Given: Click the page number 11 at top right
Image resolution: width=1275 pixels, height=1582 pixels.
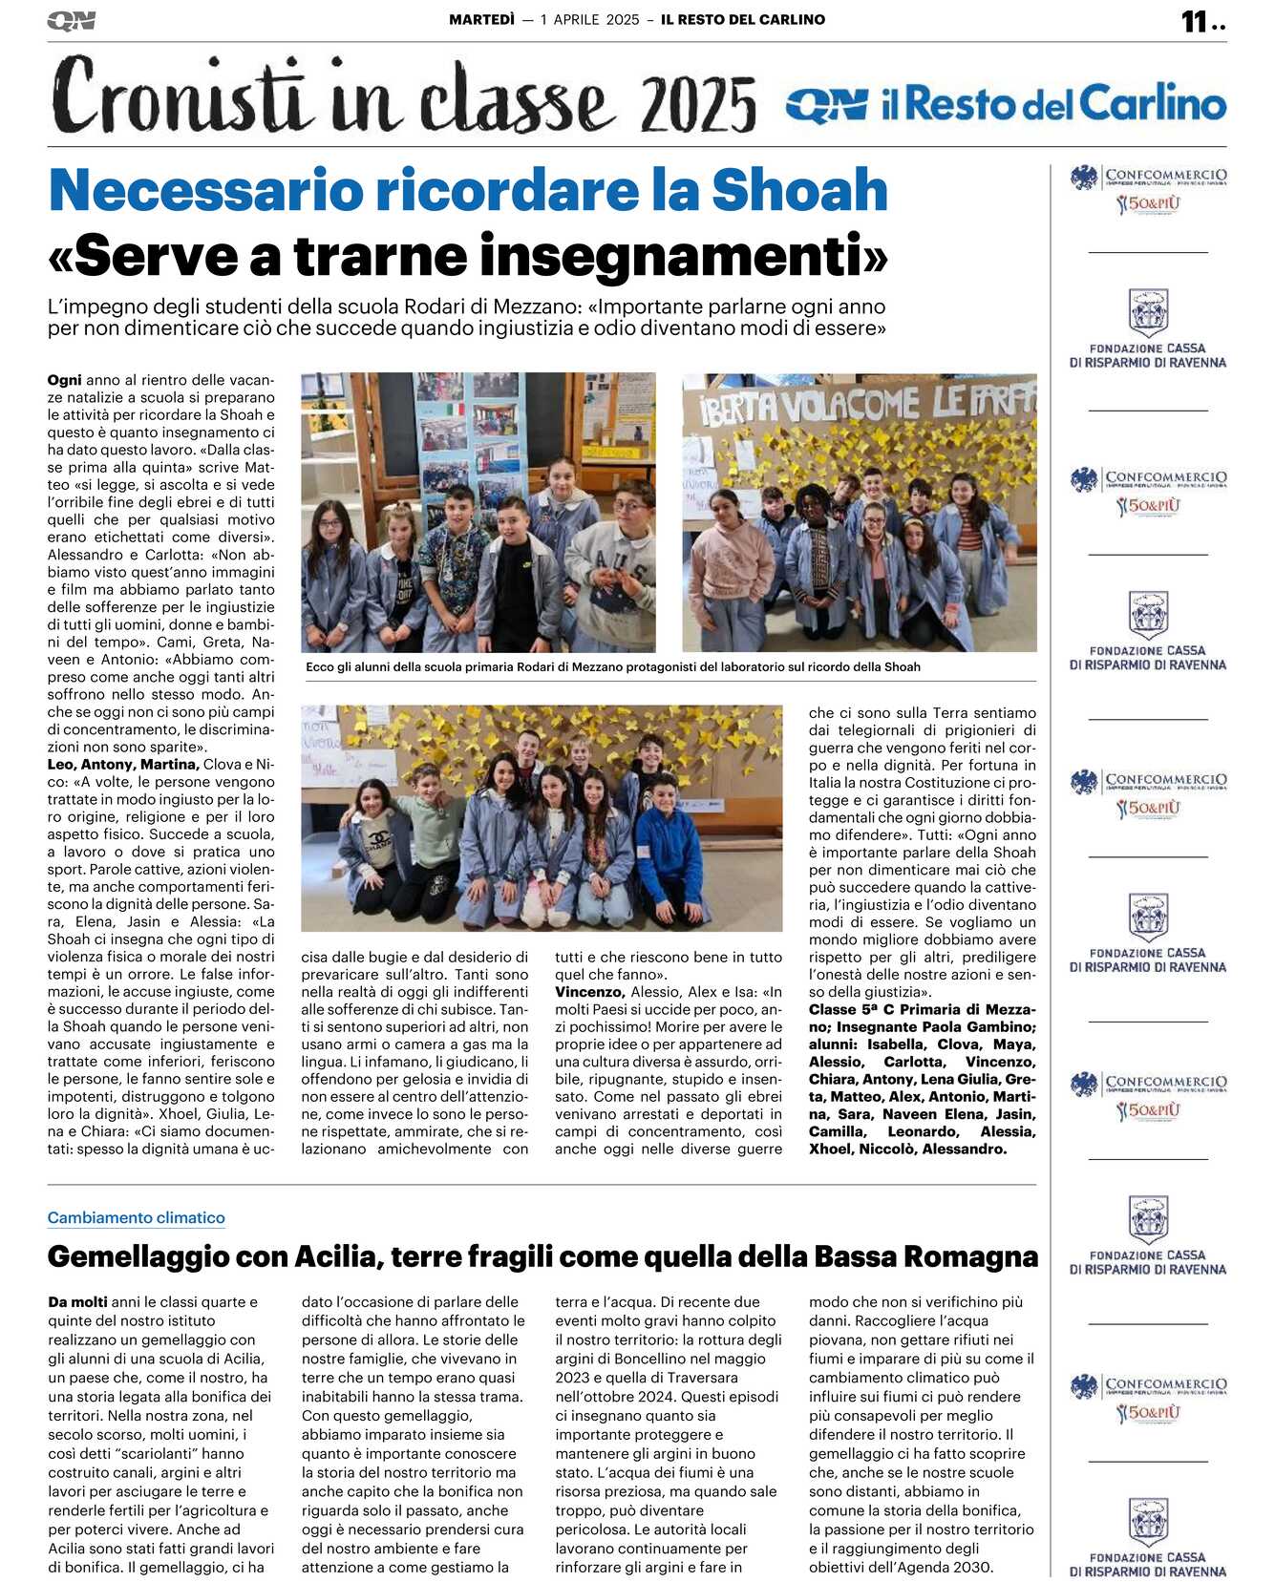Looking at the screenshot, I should tap(1195, 22).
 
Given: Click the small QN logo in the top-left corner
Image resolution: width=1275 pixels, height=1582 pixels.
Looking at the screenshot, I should tap(71, 21).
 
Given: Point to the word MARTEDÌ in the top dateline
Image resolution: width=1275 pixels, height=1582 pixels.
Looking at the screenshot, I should tap(481, 19).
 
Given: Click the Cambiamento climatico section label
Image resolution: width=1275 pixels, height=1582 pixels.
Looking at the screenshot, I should tap(137, 1217).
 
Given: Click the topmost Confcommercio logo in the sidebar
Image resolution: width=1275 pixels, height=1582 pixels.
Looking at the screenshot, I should tap(1148, 188).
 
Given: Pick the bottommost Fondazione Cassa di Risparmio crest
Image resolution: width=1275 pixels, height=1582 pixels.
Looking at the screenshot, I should tap(1148, 1521).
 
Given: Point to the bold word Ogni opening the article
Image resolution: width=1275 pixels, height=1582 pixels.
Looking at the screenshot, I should tap(64, 380).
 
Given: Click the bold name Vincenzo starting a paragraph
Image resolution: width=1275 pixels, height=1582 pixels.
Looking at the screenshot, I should tap(589, 992).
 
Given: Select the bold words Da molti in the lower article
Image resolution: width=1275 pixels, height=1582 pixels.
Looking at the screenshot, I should tap(77, 1301).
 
